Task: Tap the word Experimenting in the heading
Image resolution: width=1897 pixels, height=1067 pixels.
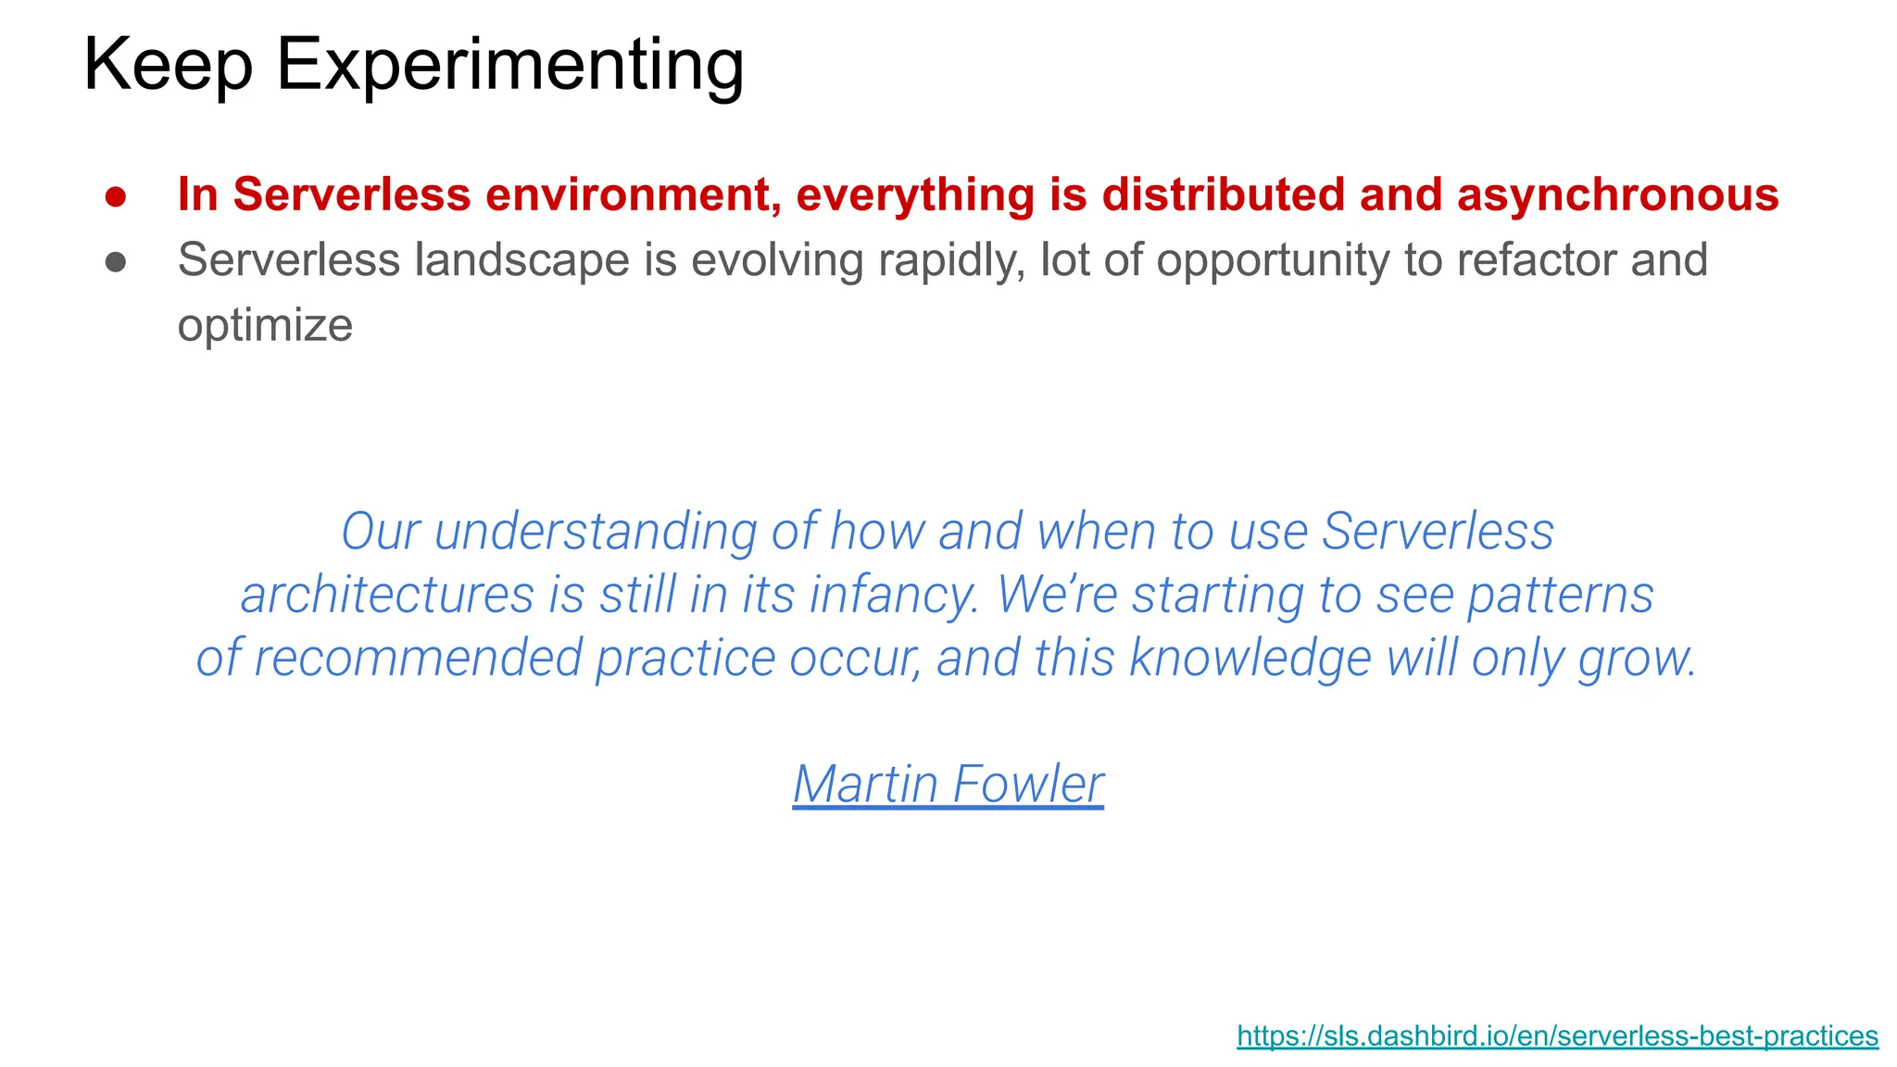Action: point(510,66)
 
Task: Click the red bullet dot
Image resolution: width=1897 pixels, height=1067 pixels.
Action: point(116,196)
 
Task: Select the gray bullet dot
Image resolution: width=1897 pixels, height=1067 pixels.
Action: point(116,262)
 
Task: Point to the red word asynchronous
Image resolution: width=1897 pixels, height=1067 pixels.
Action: point(1617,195)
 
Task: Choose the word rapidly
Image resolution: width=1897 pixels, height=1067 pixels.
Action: point(951,260)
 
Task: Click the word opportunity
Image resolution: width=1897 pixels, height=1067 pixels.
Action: point(1273,260)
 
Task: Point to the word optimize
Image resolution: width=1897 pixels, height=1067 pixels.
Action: point(265,326)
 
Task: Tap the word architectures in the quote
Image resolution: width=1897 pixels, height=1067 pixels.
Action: point(387,595)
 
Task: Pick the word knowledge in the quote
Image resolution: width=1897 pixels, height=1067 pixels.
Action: point(1250,658)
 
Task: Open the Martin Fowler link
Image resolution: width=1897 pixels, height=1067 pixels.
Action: point(948,785)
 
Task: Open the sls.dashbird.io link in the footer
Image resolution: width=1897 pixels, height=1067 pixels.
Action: point(1557,1036)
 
